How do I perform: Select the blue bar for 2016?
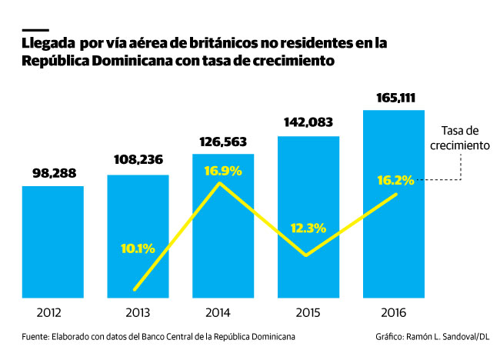393,231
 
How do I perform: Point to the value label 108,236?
138,163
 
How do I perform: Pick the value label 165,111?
393,98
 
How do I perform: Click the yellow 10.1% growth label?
138,248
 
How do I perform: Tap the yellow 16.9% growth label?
222,170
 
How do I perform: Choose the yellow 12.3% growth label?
308,228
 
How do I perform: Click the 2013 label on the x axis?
138,313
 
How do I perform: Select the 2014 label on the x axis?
222,313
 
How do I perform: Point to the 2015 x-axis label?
308,313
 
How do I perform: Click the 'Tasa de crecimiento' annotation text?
460,138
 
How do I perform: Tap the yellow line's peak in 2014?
221,183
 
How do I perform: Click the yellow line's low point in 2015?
308,255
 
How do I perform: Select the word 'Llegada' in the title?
48,45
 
